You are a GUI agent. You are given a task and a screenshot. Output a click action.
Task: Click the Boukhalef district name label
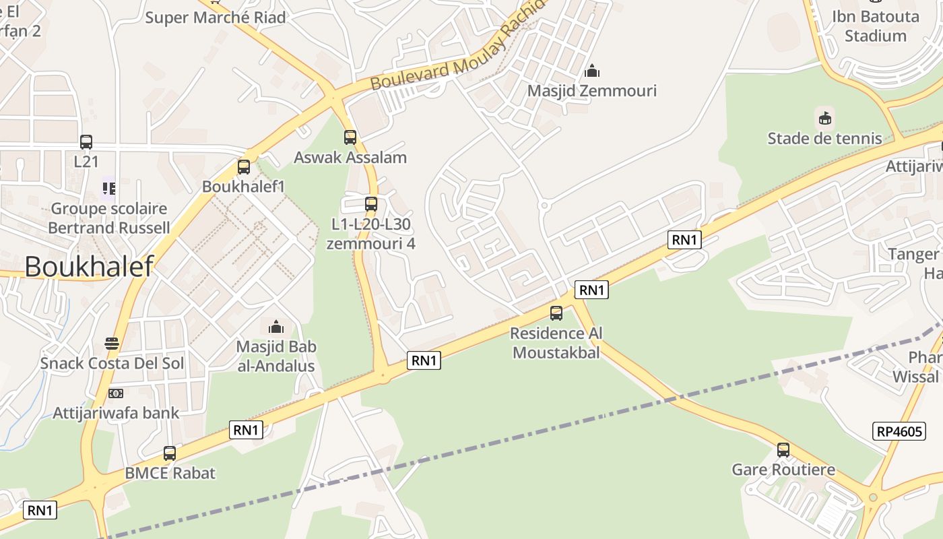[89, 267]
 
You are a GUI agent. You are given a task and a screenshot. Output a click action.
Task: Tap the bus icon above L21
[86, 142]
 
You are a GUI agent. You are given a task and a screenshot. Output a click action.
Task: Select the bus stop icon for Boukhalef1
[244, 167]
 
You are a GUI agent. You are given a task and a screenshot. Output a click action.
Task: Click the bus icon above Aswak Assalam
[350, 137]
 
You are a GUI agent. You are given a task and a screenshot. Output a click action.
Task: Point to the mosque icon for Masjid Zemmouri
[592, 71]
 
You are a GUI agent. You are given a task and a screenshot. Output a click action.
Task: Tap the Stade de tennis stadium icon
[824, 119]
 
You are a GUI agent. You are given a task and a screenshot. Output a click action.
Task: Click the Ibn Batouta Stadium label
[875, 26]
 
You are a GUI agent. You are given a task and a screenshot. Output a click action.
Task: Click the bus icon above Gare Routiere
[783, 449]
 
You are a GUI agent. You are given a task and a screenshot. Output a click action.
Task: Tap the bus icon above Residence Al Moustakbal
[556, 313]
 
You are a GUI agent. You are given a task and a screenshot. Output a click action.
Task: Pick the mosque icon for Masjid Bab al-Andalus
[276, 327]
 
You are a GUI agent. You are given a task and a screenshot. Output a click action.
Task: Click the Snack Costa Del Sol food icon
[112, 344]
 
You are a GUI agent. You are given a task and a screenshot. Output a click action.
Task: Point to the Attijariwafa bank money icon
[116, 393]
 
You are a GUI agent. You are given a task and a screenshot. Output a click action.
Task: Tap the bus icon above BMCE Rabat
[170, 453]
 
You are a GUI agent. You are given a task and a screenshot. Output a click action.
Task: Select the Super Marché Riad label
[216, 18]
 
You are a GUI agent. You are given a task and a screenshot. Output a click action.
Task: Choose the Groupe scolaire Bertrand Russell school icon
[109, 189]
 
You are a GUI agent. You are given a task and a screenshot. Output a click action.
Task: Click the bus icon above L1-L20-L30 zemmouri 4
[371, 203]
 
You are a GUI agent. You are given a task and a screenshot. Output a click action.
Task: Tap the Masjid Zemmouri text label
[591, 90]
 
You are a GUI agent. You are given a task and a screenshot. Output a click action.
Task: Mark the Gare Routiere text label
[783, 470]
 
